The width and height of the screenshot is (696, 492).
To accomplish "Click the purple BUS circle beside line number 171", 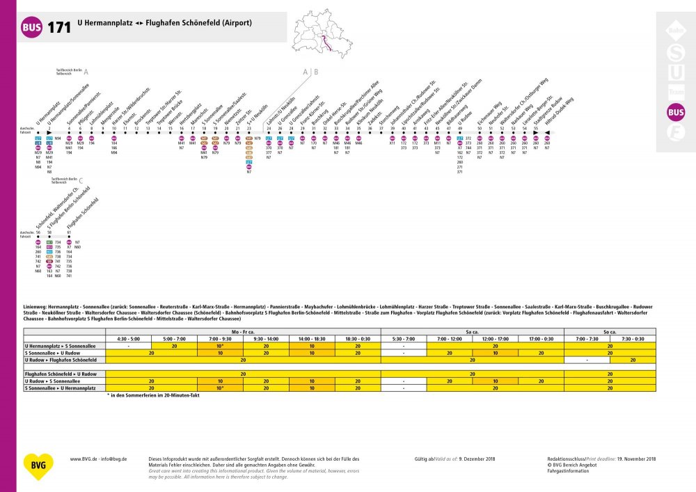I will (x=32, y=28).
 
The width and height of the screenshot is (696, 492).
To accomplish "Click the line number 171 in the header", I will (x=59, y=28).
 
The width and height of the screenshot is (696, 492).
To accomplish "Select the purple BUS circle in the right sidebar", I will (x=675, y=111).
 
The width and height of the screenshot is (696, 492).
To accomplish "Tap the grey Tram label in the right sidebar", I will (x=675, y=91).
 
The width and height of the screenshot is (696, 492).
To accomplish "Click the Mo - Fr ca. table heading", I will (x=243, y=333).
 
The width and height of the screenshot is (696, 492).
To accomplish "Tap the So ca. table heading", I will (x=610, y=333).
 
